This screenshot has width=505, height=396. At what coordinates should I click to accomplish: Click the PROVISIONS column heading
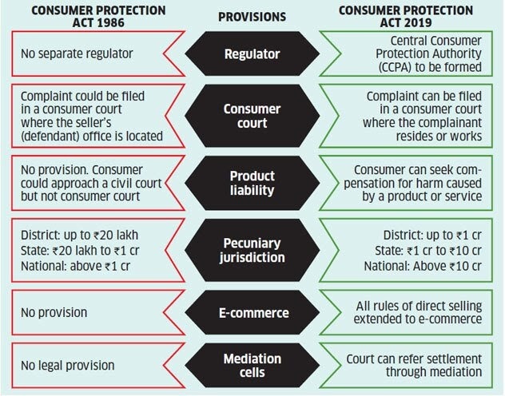pos(252,16)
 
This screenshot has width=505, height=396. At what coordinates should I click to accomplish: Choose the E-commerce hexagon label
pos(252,311)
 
